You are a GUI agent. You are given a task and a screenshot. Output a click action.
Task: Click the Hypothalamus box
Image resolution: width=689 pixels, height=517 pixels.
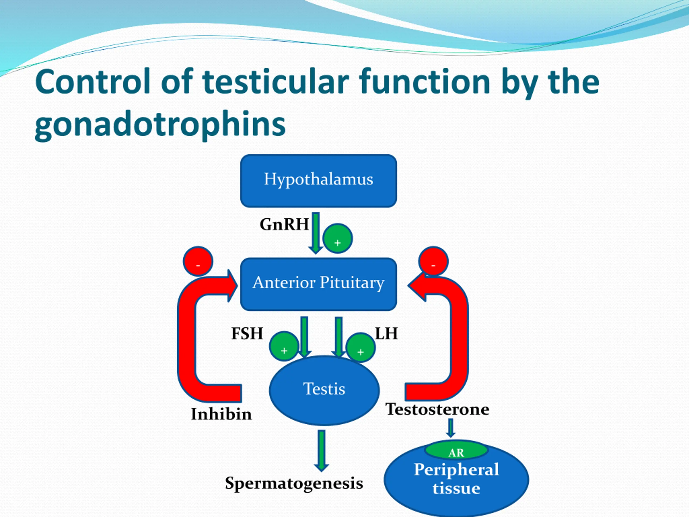tap(318, 180)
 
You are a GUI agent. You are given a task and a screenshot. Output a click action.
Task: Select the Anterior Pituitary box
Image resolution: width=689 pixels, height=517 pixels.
tap(318, 284)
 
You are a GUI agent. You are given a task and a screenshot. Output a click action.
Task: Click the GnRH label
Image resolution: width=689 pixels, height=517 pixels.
tap(284, 224)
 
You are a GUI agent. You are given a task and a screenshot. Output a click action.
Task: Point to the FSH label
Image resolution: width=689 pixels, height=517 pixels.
tap(247, 333)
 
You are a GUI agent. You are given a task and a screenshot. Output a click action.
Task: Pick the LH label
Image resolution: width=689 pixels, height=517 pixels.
tap(386, 333)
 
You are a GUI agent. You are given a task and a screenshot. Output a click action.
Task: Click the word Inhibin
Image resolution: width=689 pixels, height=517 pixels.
tap(221, 414)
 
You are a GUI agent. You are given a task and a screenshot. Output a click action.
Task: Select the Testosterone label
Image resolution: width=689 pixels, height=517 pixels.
tap(437, 409)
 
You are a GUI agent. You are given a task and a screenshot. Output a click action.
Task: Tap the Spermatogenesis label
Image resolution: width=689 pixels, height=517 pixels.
tap(294, 483)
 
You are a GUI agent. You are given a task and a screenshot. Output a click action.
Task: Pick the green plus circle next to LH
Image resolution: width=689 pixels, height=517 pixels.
tap(361, 347)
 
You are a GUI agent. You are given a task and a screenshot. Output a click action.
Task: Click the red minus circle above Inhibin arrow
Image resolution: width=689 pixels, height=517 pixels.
tap(198, 261)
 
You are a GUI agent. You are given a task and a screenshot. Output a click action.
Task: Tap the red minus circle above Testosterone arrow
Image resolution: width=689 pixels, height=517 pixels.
tap(433, 261)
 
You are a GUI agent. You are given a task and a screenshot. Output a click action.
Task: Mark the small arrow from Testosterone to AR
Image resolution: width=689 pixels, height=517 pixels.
tap(450, 428)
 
